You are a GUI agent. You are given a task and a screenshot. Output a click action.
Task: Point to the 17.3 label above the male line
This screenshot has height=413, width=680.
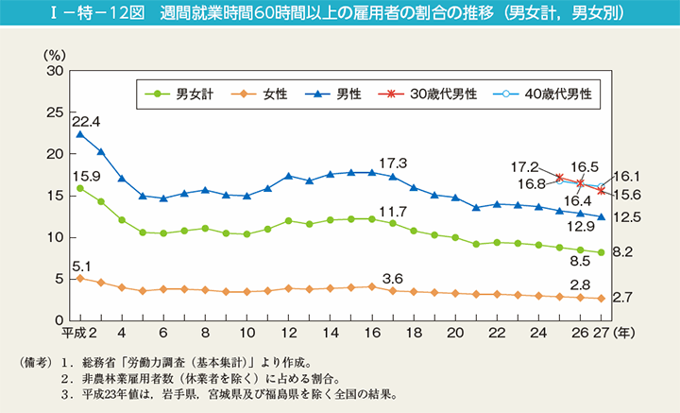pyautogui.click(x=393, y=162)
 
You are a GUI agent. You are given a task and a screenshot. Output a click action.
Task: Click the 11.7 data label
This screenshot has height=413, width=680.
pyautogui.click(x=393, y=211)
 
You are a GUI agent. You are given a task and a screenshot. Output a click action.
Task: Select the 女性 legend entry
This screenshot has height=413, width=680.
pyautogui.click(x=266, y=94)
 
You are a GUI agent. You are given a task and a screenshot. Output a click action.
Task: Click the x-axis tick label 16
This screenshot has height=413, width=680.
pyautogui.click(x=371, y=334)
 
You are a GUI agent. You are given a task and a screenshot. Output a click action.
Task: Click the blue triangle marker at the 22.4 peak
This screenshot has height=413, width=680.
pyautogui.click(x=80, y=134)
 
